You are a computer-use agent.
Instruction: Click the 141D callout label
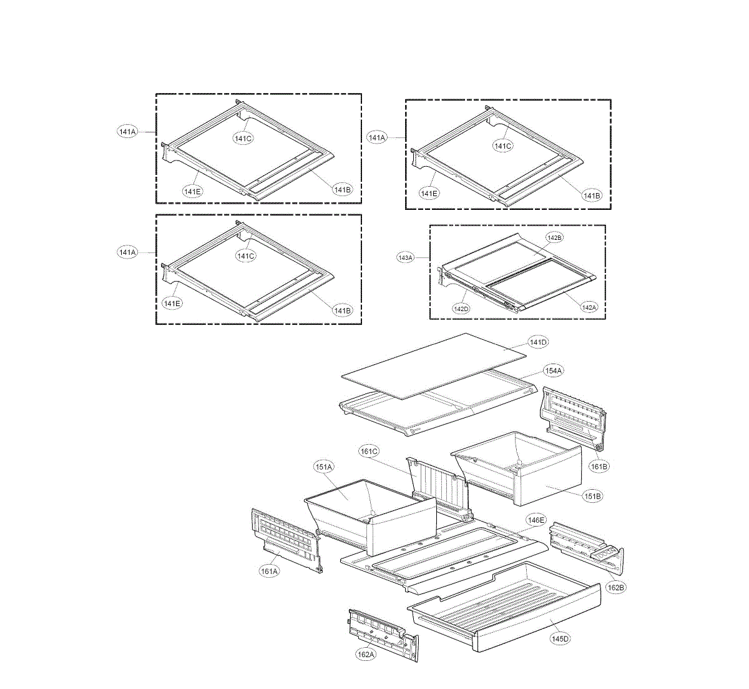[538, 342]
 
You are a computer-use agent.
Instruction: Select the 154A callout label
[553, 370]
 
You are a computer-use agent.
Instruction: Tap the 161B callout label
[599, 466]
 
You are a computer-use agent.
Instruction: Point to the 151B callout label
[592, 496]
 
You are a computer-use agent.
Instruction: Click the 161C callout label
[369, 451]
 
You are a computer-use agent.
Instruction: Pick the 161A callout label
[270, 570]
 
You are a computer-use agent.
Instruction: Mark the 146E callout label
[536, 520]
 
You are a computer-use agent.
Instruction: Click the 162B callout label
[615, 587]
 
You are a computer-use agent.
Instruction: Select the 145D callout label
[560, 638]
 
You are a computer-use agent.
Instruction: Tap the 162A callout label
[366, 654]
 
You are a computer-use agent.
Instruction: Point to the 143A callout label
[406, 257]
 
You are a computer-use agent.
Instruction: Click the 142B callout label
[554, 237]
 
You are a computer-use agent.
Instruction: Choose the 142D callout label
[462, 309]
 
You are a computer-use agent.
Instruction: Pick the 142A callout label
[589, 307]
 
